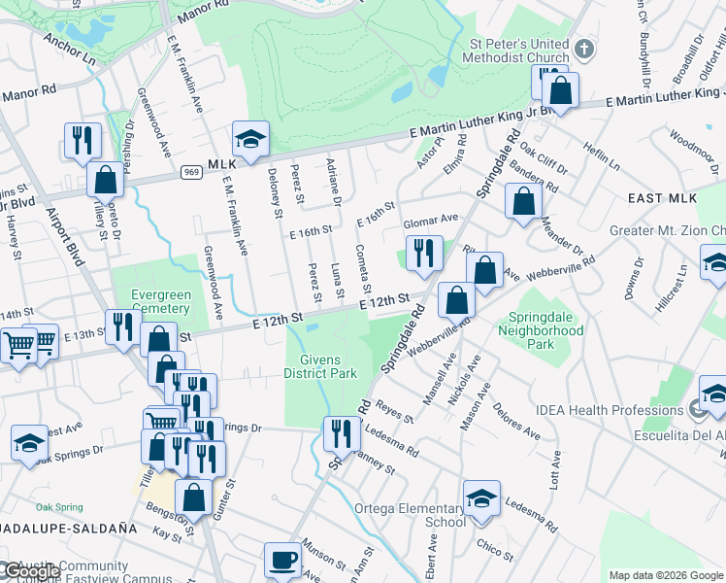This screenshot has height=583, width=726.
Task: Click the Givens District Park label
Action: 320,365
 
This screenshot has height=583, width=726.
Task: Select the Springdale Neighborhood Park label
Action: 542,336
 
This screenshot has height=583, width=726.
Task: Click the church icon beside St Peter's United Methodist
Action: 584,49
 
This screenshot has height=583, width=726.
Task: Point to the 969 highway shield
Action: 190,172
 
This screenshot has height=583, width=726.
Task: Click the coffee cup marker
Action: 282,560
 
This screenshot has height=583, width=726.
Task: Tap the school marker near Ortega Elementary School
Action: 481,499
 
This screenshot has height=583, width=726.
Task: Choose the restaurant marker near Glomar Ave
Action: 424,255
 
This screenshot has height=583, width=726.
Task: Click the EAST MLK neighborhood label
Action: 663,198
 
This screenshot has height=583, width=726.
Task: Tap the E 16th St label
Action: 311,231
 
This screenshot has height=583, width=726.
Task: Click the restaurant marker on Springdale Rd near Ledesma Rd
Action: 340,433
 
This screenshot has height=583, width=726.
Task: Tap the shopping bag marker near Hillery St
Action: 105,181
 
